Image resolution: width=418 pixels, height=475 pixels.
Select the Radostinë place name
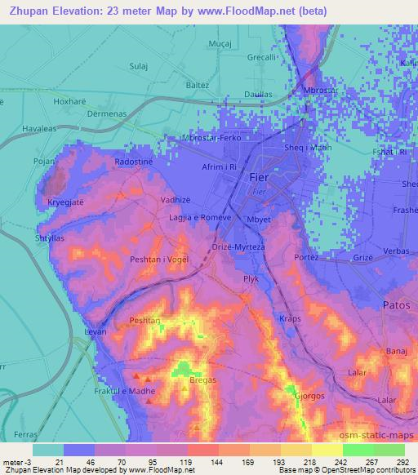pos(134,162)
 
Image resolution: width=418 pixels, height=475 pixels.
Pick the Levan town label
pos(96,333)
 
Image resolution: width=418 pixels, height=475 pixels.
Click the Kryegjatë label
pos(65,200)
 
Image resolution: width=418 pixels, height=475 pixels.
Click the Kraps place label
pos(290,317)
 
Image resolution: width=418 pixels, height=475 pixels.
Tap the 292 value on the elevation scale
pos(403,462)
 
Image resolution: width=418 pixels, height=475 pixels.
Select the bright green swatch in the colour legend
pos(358,450)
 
